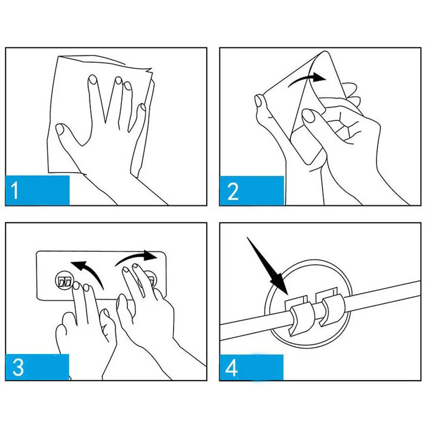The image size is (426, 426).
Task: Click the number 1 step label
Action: click(x=15, y=190)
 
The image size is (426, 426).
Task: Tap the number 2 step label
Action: click(x=233, y=191)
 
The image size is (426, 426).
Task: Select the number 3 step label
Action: click(x=18, y=367)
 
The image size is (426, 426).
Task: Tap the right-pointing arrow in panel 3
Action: click(x=136, y=257)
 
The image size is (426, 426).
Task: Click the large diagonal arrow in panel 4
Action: click(x=268, y=266)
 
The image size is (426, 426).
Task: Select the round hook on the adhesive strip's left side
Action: click(x=64, y=281)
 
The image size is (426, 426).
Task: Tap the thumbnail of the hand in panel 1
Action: click(x=60, y=129)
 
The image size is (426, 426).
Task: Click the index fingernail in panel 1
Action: click(x=93, y=79)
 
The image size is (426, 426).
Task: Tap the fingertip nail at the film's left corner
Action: click(x=258, y=101)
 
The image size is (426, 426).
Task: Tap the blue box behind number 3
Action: click(x=37, y=367)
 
